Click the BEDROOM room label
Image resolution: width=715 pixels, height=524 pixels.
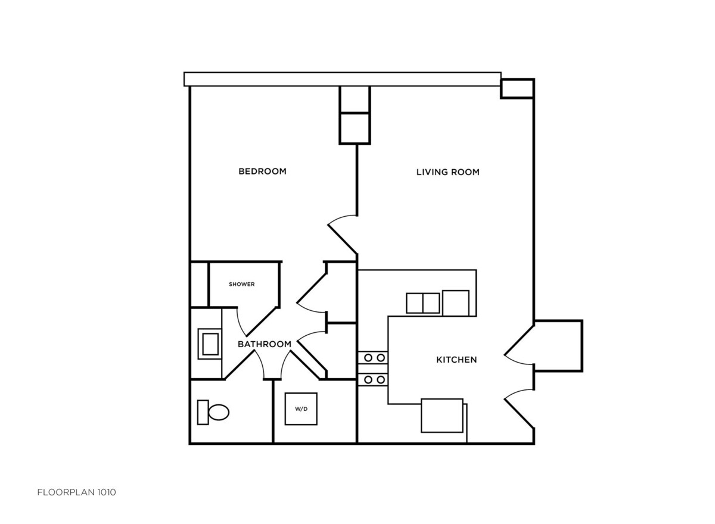pyautogui.click(x=262, y=171)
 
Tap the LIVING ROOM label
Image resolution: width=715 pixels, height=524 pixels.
pyautogui.click(x=448, y=172)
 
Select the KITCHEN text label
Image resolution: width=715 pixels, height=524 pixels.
pyautogui.click(x=456, y=360)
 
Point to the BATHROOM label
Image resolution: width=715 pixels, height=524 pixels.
pyautogui.click(x=265, y=344)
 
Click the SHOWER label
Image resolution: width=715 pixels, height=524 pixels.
pyautogui.click(x=242, y=284)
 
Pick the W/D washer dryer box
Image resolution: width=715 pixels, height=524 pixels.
pyautogui.click(x=301, y=408)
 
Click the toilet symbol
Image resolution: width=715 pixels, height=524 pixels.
pyautogui.click(x=213, y=412)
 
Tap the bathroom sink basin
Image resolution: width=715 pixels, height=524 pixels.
pyautogui.click(x=210, y=344)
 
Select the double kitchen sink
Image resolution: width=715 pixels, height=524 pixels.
pyautogui.click(x=422, y=303)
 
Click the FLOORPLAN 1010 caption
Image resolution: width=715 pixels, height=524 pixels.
pyautogui.click(x=77, y=492)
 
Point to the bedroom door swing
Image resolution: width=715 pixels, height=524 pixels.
pyautogui.click(x=343, y=235)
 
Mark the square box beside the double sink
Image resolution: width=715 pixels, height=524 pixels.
pyautogui.click(x=455, y=303)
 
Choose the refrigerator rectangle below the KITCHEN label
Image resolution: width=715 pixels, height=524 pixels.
pyautogui.click(x=442, y=416)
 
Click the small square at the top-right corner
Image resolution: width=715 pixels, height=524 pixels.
pyautogui.click(x=517, y=88)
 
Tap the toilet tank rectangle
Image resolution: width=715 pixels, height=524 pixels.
pyautogui.click(x=203, y=412)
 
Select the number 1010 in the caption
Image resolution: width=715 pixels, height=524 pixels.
pyautogui.click(x=107, y=492)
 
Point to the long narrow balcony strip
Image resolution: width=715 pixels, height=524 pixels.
pyautogui.click(x=343, y=79)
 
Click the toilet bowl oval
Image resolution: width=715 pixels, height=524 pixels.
pyautogui.click(x=219, y=412)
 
